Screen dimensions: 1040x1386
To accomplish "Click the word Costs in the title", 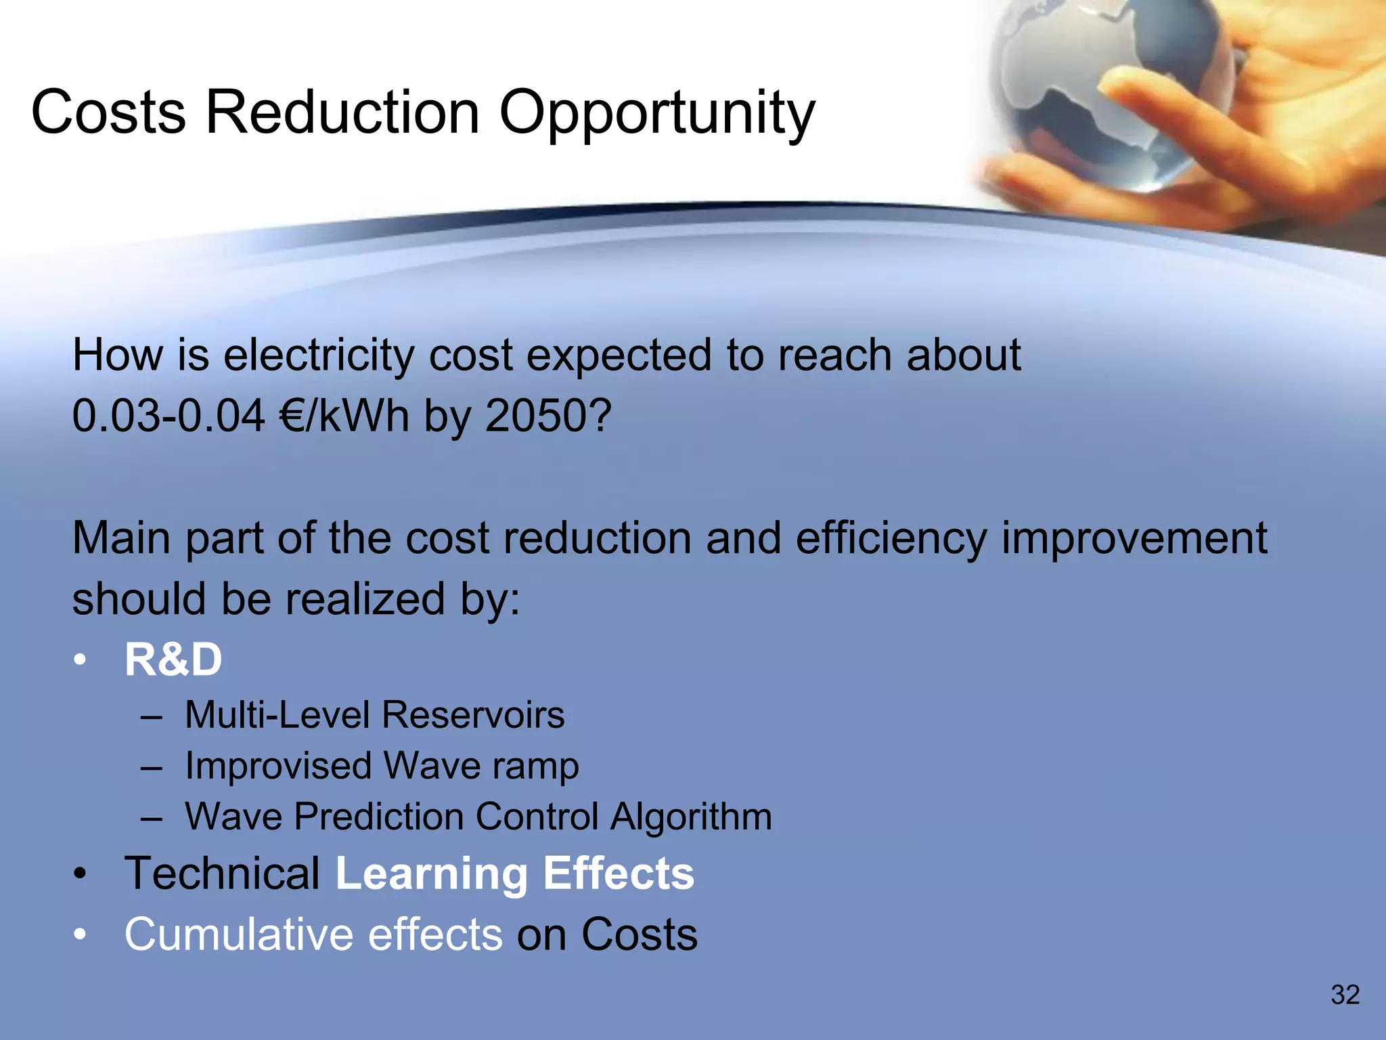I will pyautogui.click(x=108, y=112).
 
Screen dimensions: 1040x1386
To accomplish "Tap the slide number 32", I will pyautogui.click(x=1345, y=995).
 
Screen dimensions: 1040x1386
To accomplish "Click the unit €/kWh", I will pyautogui.click(x=344, y=415).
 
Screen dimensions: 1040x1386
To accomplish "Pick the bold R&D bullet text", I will pyautogui.click(x=173, y=659).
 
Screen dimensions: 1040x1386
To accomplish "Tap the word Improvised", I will pyautogui.click(x=278, y=766).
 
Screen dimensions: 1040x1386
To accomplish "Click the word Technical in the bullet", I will pyautogui.click(x=222, y=873).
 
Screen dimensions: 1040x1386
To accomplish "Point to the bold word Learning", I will pyautogui.click(x=431, y=873).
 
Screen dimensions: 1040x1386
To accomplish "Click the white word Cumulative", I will pyautogui.click(x=238, y=934).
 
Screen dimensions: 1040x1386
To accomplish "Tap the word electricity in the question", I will pyautogui.click(x=318, y=355).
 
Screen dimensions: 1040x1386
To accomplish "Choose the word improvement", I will pyautogui.click(x=1134, y=539).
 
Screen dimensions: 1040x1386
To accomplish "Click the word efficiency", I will pyautogui.click(x=891, y=539).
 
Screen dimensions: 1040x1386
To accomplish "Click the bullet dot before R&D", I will pyautogui.click(x=81, y=659).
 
